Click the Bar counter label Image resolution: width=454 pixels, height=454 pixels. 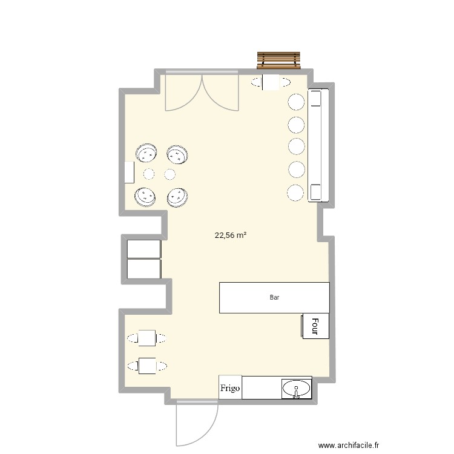(274, 298)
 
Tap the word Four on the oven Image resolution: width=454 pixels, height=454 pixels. (315, 326)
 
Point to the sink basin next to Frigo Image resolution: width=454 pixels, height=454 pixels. (297, 388)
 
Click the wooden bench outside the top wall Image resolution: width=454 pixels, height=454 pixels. (278, 60)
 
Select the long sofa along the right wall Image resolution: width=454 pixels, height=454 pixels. (318, 145)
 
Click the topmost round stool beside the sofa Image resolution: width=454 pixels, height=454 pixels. (295, 102)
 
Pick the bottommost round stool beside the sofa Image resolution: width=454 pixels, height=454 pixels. (295, 192)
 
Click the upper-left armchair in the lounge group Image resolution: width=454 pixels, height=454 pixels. (146, 154)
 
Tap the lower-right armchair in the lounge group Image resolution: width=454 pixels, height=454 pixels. (177, 197)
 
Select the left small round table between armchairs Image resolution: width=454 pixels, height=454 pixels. (148, 174)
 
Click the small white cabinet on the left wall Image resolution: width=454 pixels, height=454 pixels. (129, 172)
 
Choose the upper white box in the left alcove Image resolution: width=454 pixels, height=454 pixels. (144, 249)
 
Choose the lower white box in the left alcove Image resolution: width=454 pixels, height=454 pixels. (144, 269)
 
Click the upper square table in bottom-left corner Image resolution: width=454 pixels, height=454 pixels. (147, 338)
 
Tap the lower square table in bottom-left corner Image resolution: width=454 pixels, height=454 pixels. (147, 365)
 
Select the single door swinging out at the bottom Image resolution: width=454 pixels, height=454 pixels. (195, 424)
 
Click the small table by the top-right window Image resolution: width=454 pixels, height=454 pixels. (270, 82)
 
